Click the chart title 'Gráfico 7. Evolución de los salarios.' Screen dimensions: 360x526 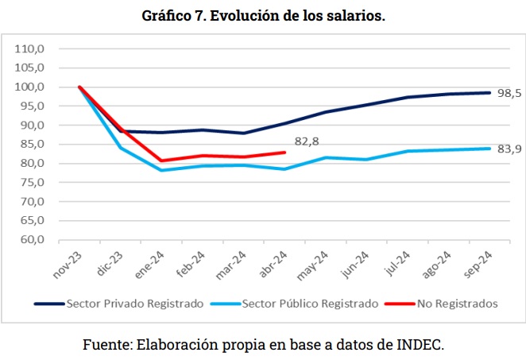pyautogui.click(x=263, y=16)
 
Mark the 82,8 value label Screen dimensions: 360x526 pyautogui.click(x=307, y=143)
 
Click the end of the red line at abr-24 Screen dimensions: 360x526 pyautogui.click(x=284, y=153)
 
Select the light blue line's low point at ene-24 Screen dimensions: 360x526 pyautogui.click(x=161, y=170)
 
